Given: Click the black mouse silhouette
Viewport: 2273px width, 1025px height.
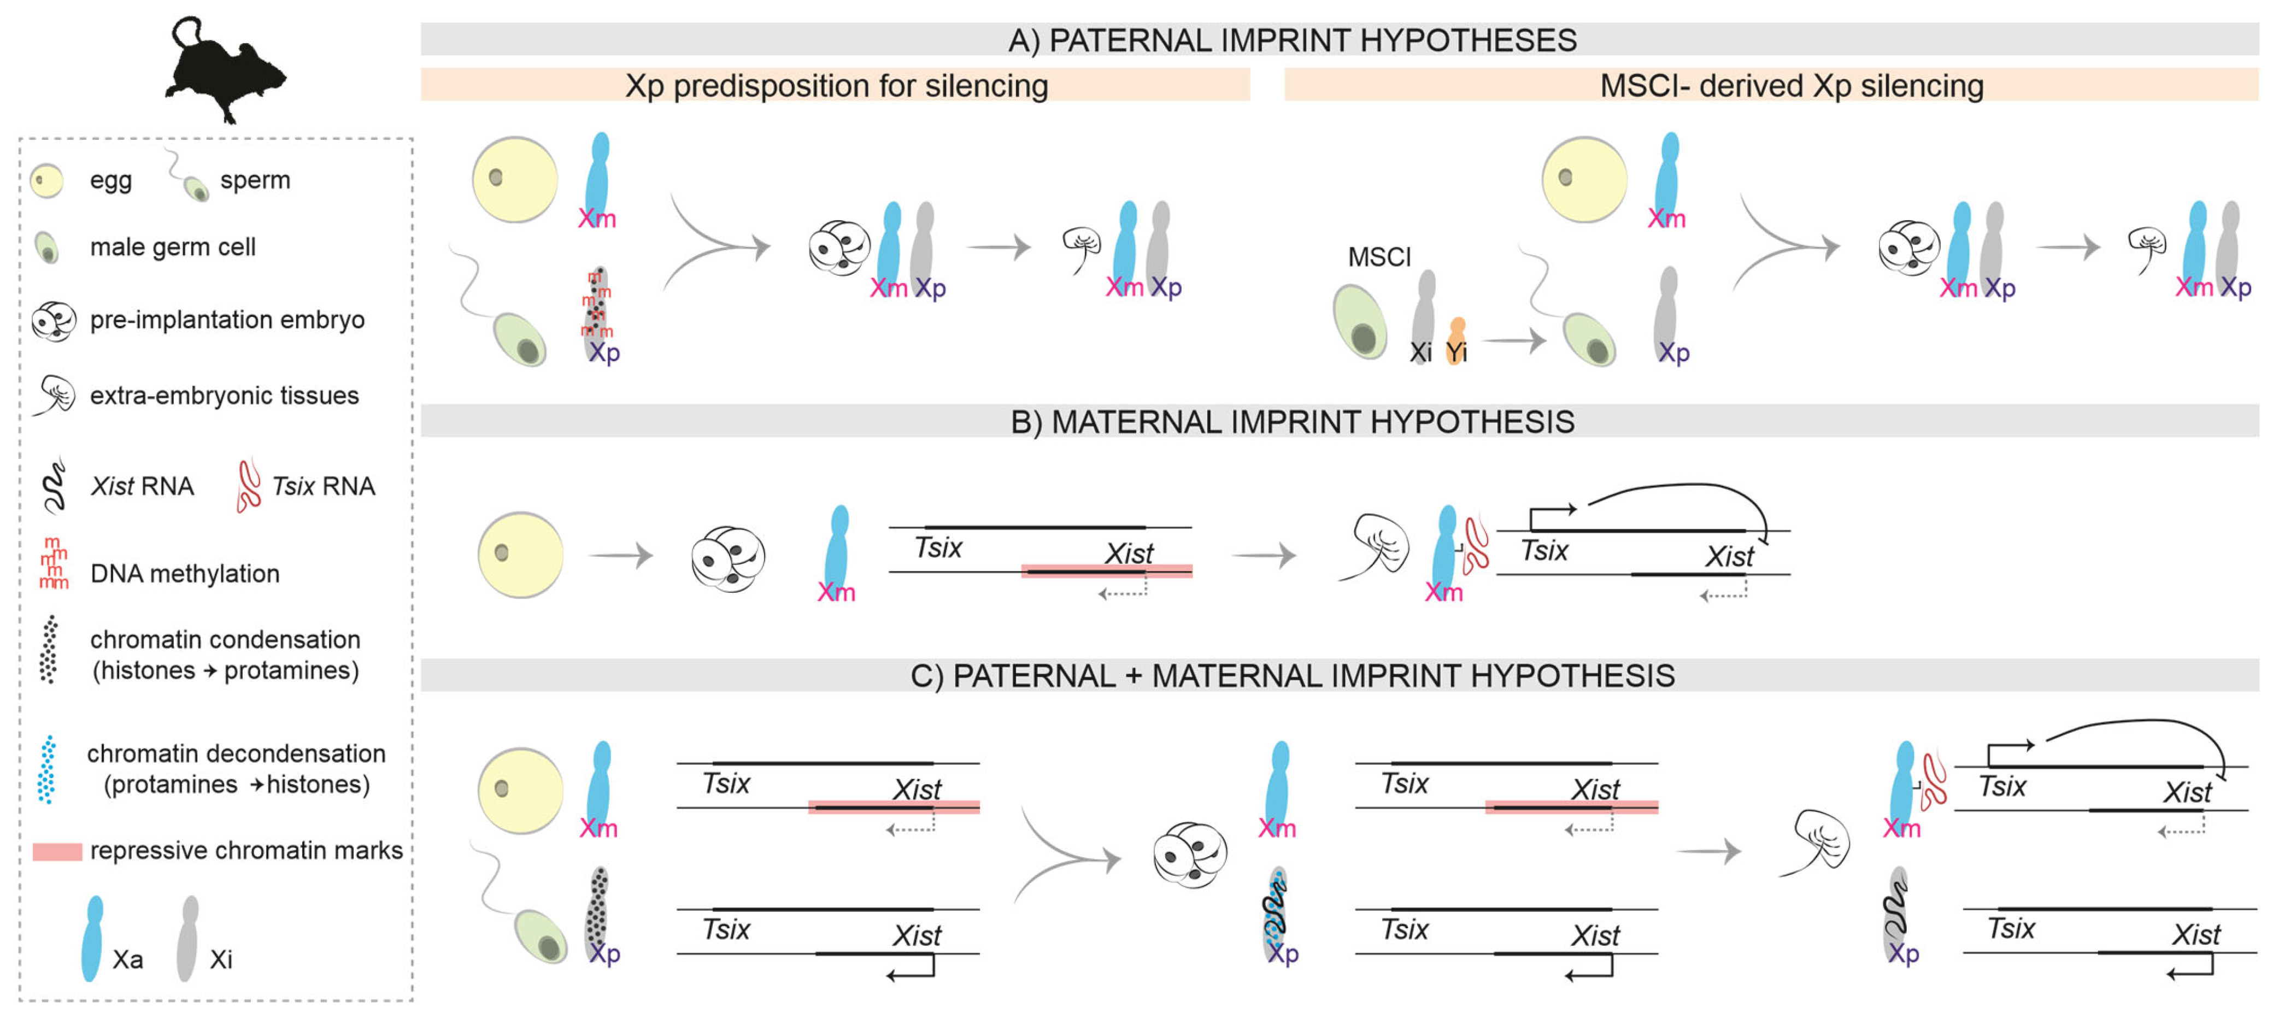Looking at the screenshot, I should tap(225, 70).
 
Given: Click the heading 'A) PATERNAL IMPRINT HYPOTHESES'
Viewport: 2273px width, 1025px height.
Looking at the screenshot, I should tap(1292, 40).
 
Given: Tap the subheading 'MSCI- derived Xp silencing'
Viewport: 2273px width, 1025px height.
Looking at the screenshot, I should tap(1791, 86).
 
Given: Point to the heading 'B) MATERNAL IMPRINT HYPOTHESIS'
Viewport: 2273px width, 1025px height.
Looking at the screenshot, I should tap(1292, 422).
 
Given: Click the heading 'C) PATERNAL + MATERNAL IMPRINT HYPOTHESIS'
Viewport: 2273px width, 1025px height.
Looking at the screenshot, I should tap(1292, 676).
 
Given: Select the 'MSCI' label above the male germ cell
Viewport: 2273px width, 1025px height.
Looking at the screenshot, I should tap(1379, 257).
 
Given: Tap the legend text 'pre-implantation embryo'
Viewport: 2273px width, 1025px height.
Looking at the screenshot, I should tap(227, 319).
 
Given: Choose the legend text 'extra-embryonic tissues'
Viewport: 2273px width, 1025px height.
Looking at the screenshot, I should tap(224, 395).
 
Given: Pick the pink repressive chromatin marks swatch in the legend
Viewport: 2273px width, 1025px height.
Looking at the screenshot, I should tap(57, 851).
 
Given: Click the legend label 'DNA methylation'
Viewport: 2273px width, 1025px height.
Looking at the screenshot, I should tap(184, 573).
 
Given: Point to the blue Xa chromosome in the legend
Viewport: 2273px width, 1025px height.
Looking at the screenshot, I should tap(92, 939).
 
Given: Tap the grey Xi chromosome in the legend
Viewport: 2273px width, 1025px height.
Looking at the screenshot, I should tap(187, 939).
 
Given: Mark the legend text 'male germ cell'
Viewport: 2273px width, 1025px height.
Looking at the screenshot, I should tap(172, 247).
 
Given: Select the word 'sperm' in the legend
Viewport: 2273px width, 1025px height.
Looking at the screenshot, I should tap(255, 180).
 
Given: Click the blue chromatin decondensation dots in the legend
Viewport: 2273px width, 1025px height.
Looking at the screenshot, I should tap(47, 769).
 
